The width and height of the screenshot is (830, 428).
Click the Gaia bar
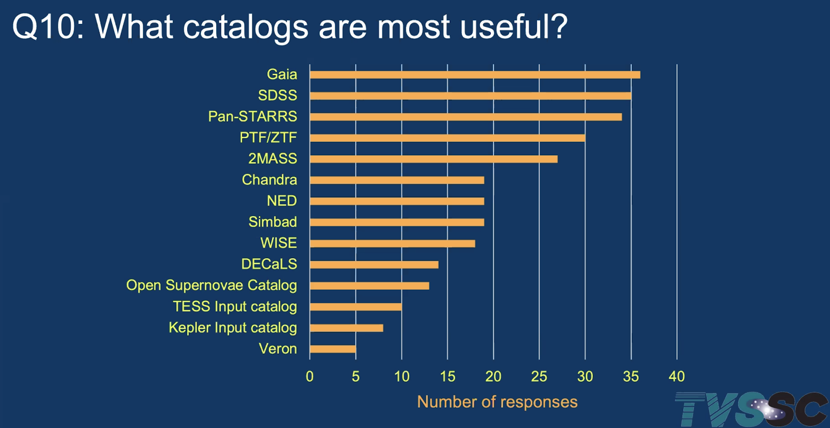[475, 75]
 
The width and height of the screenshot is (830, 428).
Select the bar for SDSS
[471, 96]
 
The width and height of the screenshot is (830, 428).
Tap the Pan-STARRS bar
[466, 117]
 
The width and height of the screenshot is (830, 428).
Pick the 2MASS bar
[434, 159]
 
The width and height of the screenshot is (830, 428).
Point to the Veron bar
[333, 349]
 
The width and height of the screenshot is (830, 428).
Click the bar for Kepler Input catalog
[347, 328]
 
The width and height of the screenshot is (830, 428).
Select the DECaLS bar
[374, 265]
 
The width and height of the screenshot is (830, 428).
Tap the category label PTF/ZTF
[268, 138]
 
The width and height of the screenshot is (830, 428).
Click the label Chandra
[269, 180]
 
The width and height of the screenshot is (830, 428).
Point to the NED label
[282, 201]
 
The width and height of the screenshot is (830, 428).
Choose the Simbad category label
[272, 222]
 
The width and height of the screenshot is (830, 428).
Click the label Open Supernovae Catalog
[212, 285]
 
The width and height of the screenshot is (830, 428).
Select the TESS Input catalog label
[235, 306]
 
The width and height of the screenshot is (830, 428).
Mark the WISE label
[279, 243]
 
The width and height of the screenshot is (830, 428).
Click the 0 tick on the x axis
[310, 377]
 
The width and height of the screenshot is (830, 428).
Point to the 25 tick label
[539, 377]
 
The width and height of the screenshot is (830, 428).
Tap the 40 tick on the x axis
[676, 377]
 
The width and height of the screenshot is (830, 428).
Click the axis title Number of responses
[497, 402]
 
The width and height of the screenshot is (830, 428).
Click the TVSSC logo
[751, 409]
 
